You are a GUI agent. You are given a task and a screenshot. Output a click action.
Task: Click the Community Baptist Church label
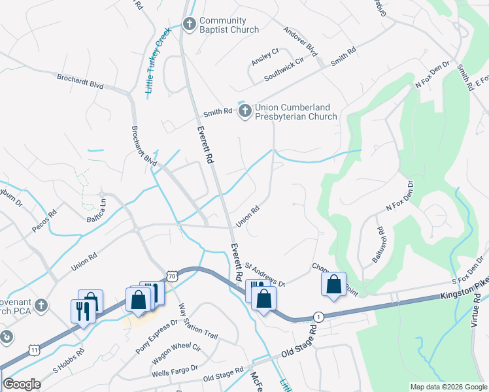[x=229, y=25]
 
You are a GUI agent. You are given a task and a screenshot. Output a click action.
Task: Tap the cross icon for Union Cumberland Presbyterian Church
[x=245, y=111]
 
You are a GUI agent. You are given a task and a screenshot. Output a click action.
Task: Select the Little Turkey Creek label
[x=158, y=60]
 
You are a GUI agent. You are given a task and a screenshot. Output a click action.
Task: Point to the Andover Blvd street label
[x=300, y=41]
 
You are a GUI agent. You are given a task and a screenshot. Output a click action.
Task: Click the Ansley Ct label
[x=265, y=56]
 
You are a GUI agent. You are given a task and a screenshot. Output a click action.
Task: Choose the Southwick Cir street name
[x=284, y=69]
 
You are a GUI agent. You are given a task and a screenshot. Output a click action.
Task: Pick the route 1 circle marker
[x=317, y=316]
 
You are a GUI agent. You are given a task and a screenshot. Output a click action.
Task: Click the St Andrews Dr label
[x=265, y=274]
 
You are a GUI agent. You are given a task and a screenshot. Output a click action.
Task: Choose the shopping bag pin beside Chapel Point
[x=333, y=285]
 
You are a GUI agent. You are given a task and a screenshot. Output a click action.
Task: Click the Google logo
[x=22, y=384]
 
